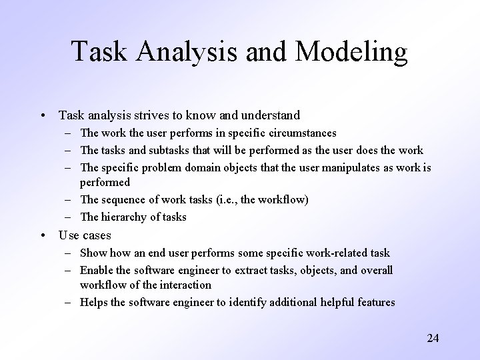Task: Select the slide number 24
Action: (x=433, y=338)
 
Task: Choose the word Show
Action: (x=92, y=253)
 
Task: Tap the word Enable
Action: (x=97, y=270)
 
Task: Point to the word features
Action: (x=375, y=303)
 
